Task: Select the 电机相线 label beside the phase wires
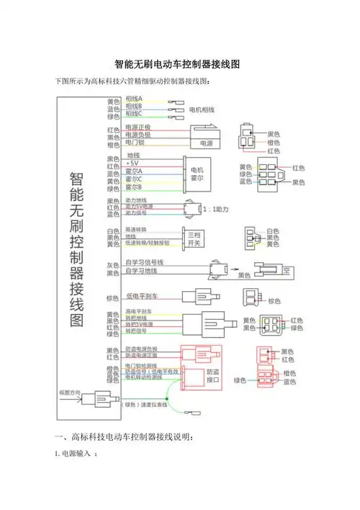coord(204,109)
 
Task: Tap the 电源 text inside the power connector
coord(206,142)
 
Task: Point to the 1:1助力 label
coord(215,209)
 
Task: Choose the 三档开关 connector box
coord(194,238)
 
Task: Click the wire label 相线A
coord(134,98)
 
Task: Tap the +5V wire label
coord(134,163)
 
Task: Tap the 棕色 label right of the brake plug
coord(274,300)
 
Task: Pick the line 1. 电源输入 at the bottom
coord(76,455)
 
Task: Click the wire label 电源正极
coord(138,127)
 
